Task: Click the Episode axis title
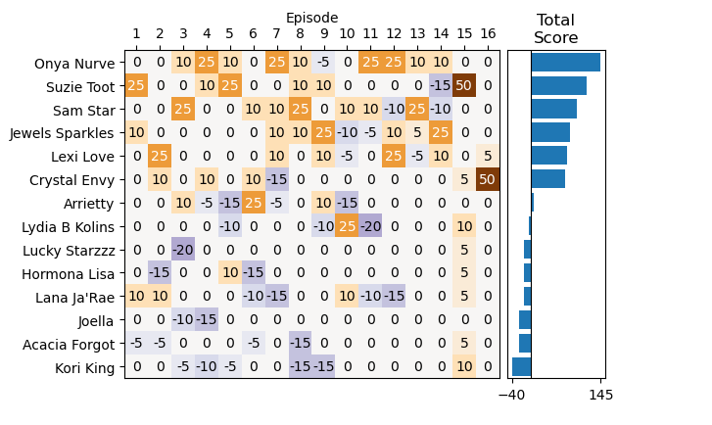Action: click(x=311, y=18)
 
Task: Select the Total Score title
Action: click(x=556, y=28)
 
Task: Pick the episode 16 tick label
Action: click(x=488, y=35)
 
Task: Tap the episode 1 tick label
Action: click(x=136, y=35)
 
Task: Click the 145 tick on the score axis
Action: click(x=601, y=394)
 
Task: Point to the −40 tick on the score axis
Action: click(x=512, y=394)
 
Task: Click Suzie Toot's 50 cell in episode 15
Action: click(x=464, y=85)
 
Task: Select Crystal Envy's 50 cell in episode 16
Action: click(x=488, y=179)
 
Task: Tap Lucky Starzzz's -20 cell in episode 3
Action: click(x=183, y=250)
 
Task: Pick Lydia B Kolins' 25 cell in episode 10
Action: click(x=347, y=226)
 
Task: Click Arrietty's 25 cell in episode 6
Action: click(x=254, y=203)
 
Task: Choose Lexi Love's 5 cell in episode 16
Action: click(x=488, y=156)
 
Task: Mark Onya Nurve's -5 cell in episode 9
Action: click(x=323, y=62)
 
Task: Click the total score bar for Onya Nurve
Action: click(x=565, y=62)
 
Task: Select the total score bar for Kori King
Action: click(x=521, y=367)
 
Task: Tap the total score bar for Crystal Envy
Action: click(x=547, y=179)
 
